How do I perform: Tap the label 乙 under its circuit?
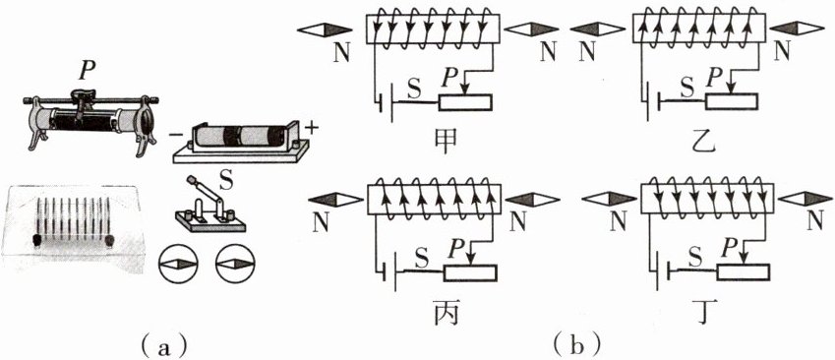tap(701, 140)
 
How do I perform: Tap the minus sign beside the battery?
tap(174, 134)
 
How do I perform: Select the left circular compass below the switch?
tap(178, 264)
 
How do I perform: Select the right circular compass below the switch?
tap(235, 264)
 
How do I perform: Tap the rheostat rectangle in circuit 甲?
tap(465, 102)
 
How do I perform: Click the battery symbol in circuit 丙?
tap(389, 272)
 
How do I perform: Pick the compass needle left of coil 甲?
tap(325, 30)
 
